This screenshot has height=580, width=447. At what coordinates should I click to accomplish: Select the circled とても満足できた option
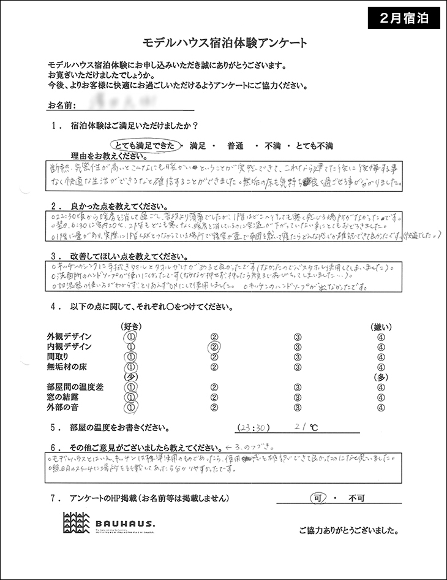[147, 146]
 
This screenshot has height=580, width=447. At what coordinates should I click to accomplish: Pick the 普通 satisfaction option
[236, 146]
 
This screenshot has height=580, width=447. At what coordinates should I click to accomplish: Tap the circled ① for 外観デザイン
[130, 337]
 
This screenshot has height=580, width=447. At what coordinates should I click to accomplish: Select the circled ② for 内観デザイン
[215, 347]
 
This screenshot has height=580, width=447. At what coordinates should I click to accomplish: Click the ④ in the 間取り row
[381, 357]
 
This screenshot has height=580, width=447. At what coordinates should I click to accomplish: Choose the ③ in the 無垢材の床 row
[298, 367]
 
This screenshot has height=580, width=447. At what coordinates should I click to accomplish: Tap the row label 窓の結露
[64, 397]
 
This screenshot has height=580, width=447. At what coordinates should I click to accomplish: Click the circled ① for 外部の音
[130, 406]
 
